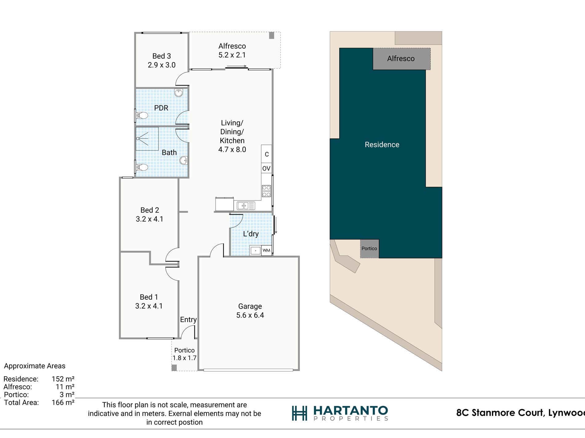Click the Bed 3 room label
coord(162,56)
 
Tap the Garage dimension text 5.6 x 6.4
coord(250,315)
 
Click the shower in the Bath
coord(147,139)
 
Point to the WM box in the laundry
coord(266,251)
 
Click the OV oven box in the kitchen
coord(266,168)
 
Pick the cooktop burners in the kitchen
coord(266,191)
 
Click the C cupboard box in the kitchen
coord(267,154)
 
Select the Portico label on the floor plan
coord(184,350)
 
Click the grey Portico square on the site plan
coord(369,249)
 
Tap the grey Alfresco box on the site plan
coord(401,59)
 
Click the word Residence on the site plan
coord(382,145)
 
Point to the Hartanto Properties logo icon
coord(300,413)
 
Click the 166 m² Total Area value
coord(63,403)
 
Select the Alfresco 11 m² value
coord(65,387)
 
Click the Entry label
coord(188,320)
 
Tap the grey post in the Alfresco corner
coord(272,35)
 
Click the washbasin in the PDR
coord(179,93)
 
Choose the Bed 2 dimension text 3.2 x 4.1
coord(150,219)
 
